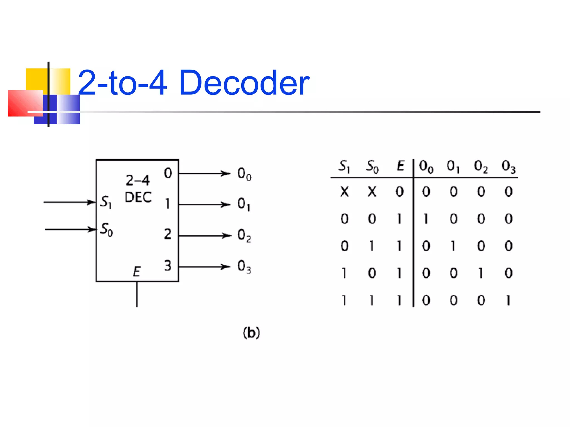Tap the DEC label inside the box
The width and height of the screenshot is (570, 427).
(138, 197)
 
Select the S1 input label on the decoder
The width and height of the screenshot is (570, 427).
(106, 202)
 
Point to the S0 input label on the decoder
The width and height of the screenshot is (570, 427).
(107, 229)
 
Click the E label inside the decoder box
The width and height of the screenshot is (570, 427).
(136, 272)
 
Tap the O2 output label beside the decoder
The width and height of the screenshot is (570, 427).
(244, 235)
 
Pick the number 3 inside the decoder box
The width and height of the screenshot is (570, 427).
(168, 265)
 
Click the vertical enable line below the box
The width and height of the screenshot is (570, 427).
(137, 295)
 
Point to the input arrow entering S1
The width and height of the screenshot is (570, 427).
(70, 202)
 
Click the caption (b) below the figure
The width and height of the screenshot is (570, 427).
(251, 332)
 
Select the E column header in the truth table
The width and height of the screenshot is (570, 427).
(400, 166)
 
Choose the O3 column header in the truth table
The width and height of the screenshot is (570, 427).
(508, 167)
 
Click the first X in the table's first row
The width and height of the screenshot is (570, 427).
(344, 192)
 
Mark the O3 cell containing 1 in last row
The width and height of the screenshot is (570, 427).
(508, 300)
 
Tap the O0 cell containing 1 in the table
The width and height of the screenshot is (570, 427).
(426, 219)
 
